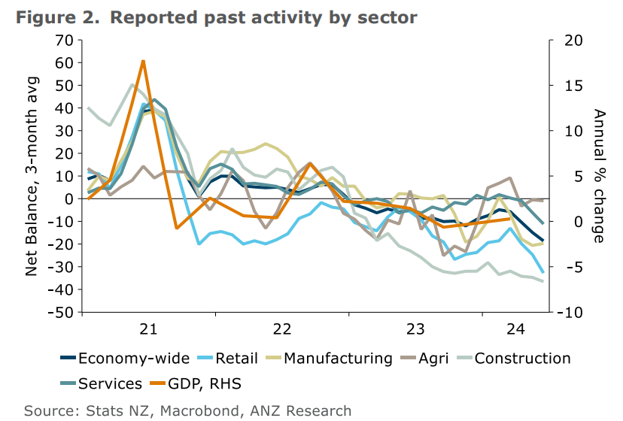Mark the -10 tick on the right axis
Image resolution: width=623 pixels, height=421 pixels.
[570, 312]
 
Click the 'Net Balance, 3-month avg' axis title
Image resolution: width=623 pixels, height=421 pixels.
[32, 177]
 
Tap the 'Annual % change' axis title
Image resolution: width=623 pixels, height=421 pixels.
[599, 176]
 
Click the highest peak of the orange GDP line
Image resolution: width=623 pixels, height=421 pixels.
[143, 61]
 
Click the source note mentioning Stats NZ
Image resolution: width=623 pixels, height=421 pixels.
[187, 410]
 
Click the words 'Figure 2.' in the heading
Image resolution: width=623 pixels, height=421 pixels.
[57, 17]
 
